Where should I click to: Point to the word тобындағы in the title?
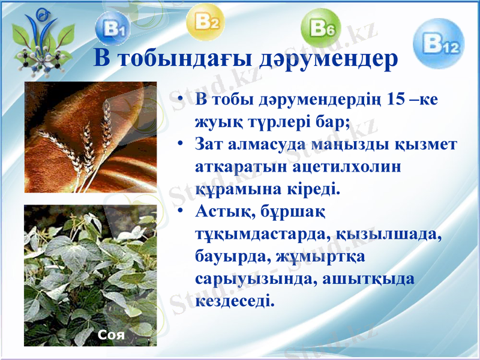click(185, 59)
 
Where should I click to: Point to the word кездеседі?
click(235, 300)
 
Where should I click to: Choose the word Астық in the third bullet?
click(223, 212)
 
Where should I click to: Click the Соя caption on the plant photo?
click(112, 335)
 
